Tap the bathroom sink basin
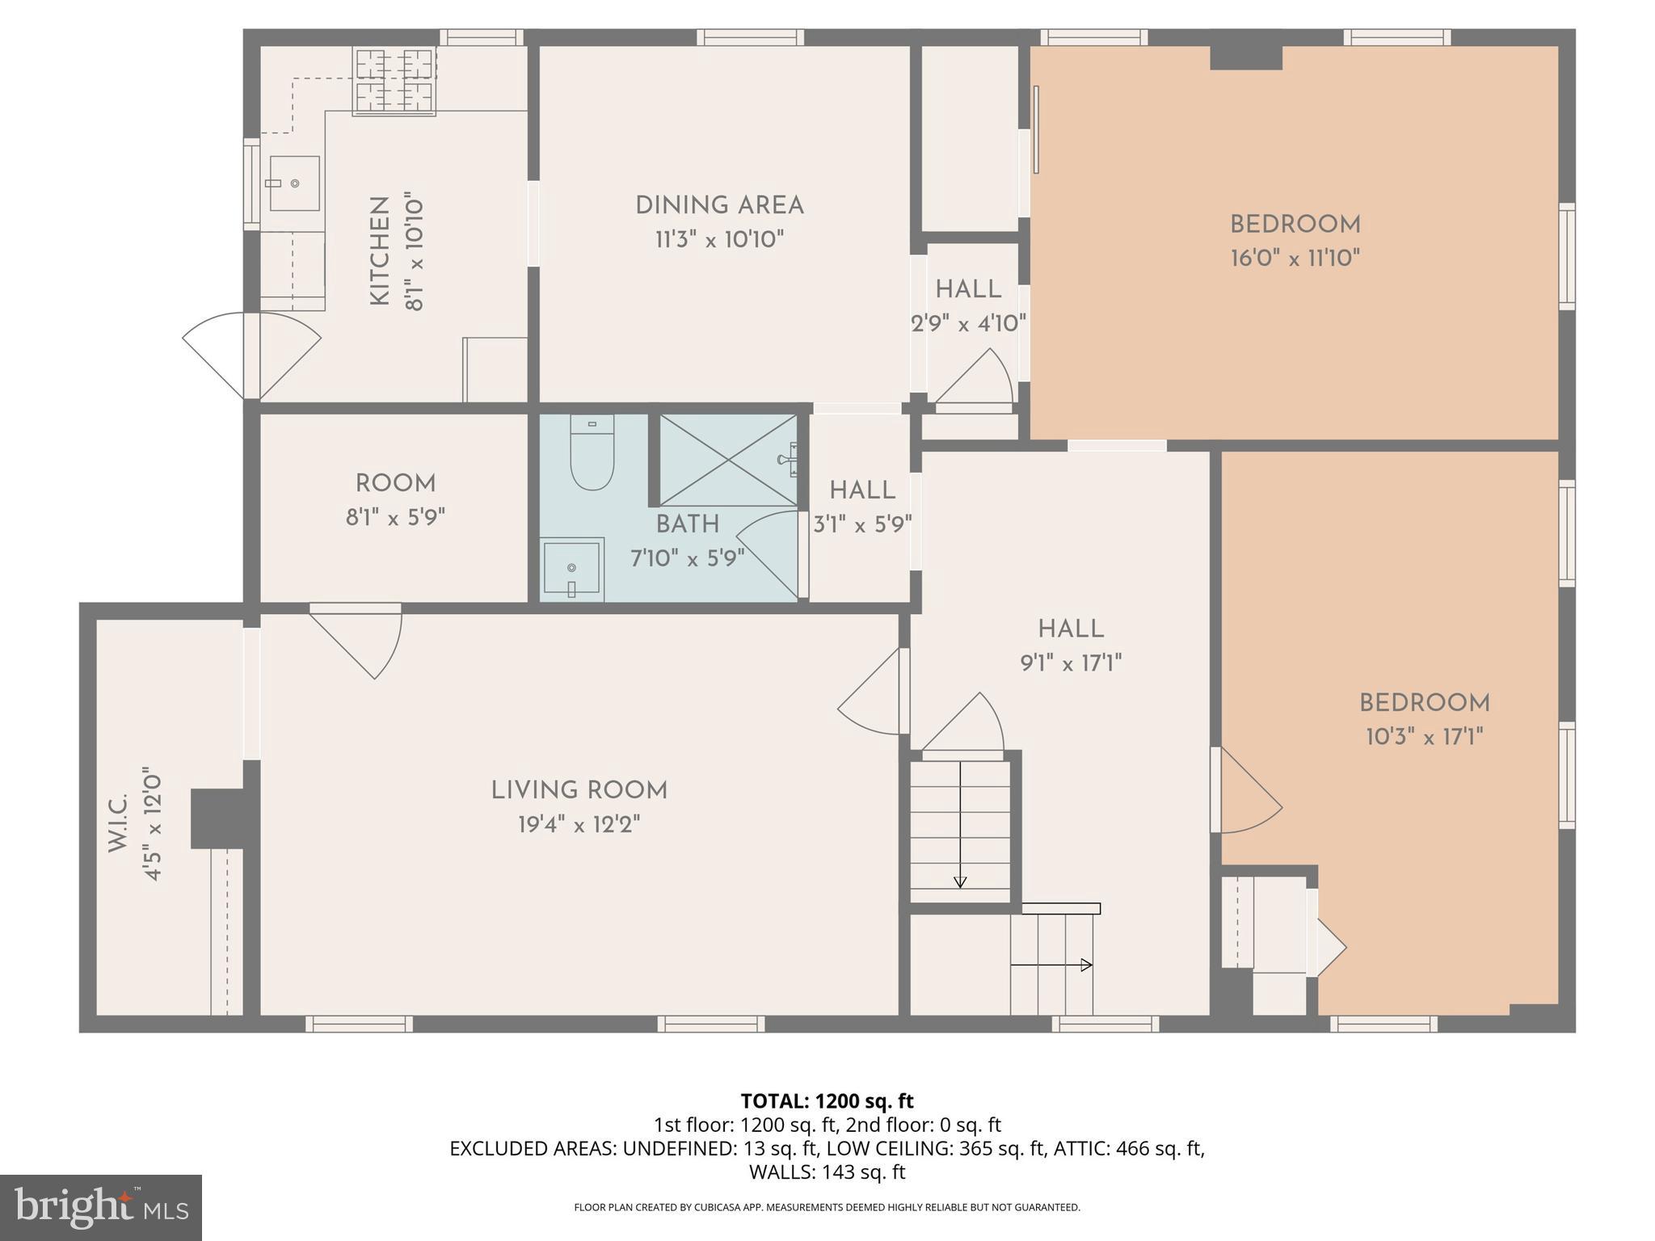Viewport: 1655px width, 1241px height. coord(571,569)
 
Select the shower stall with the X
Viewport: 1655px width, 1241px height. coord(728,461)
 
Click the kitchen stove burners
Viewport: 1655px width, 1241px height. coord(394,79)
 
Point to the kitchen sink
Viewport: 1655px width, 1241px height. coord(294,183)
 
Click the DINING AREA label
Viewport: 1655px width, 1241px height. coord(719,205)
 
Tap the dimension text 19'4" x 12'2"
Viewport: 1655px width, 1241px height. coord(579,825)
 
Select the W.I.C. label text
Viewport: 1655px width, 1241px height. coord(118,822)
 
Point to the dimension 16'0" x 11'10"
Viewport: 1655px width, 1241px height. coord(1295,259)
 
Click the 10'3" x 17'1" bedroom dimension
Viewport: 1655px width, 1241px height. coord(1424,737)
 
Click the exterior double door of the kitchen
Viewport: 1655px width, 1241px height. coord(251,355)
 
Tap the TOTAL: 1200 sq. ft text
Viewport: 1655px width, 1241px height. coord(827,1101)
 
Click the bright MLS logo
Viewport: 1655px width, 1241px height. coord(101,1208)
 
